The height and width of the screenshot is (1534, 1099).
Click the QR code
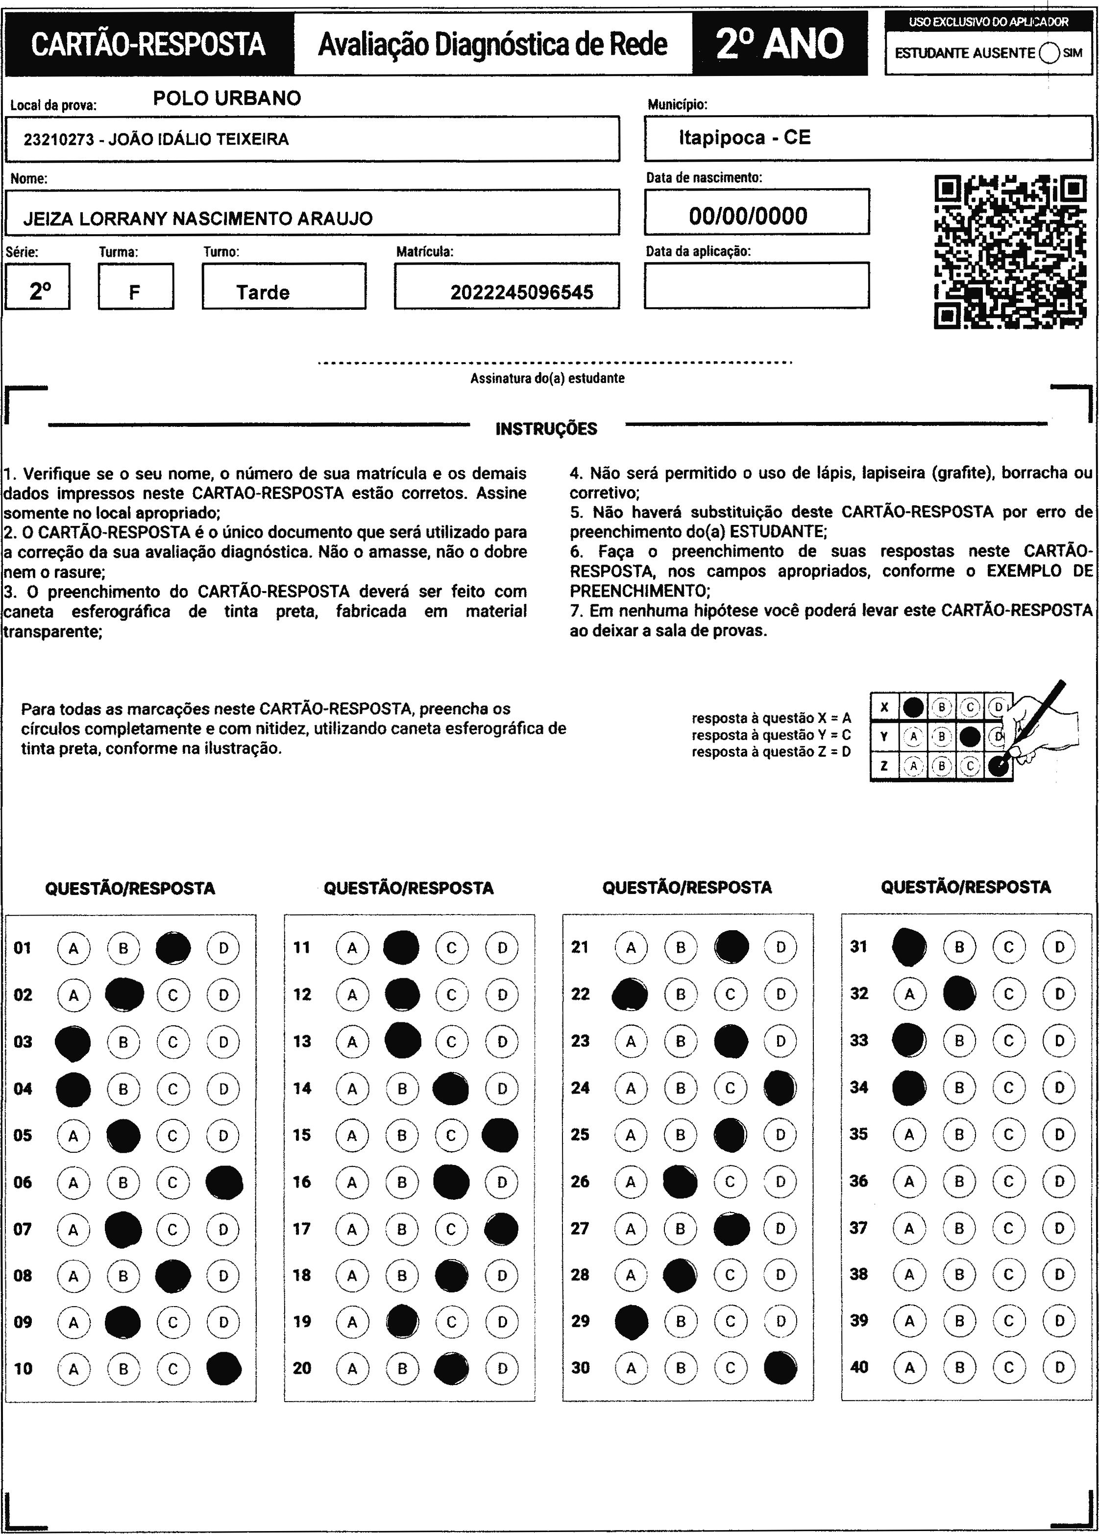pyautogui.click(x=1010, y=251)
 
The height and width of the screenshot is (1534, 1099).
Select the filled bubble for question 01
pyautogui.click(x=173, y=947)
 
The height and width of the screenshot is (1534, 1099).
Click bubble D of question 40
pyautogui.click(x=1059, y=1367)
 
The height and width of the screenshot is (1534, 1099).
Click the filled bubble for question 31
pyautogui.click(x=909, y=947)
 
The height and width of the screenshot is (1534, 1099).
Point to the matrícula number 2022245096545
pyautogui.click(x=521, y=292)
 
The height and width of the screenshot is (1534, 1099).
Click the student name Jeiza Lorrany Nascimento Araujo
pyautogui.click(x=197, y=219)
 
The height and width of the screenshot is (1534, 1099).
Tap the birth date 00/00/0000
pyautogui.click(x=748, y=216)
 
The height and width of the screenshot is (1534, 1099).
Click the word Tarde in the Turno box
pyautogui.click(x=263, y=292)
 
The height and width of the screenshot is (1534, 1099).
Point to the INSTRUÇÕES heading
pyautogui.click(x=546, y=429)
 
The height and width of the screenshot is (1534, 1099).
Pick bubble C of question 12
pyautogui.click(x=452, y=994)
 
